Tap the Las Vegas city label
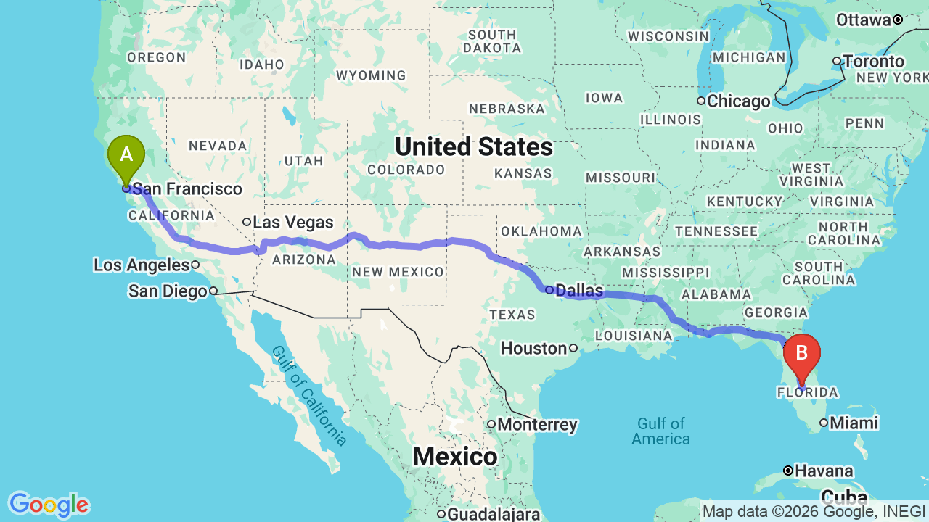tap(292, 223)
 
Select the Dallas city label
tap(579, 291)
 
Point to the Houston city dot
tap(573, 348)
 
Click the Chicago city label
tap(738, 101)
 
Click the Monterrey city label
tap(538, 425)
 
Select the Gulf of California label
tap(309, 394)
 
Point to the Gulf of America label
tap(660, 431)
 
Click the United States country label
tap(474, 147)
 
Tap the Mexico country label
tap(455, 457)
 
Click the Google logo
tap(49, 505)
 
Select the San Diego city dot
tap(213, 291)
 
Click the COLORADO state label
tap(406, 170)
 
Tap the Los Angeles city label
tap(142, 265)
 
